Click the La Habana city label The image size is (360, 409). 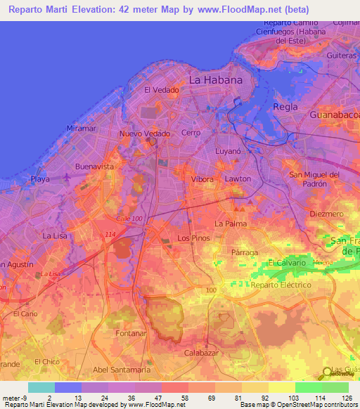point(216,79)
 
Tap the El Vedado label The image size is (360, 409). point(161,90)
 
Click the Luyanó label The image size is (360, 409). point(229,150)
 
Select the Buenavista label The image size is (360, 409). point(94,167)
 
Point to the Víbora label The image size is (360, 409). point(202,179)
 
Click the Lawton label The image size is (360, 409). point(238,179)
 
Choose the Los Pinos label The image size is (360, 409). point(193,238)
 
